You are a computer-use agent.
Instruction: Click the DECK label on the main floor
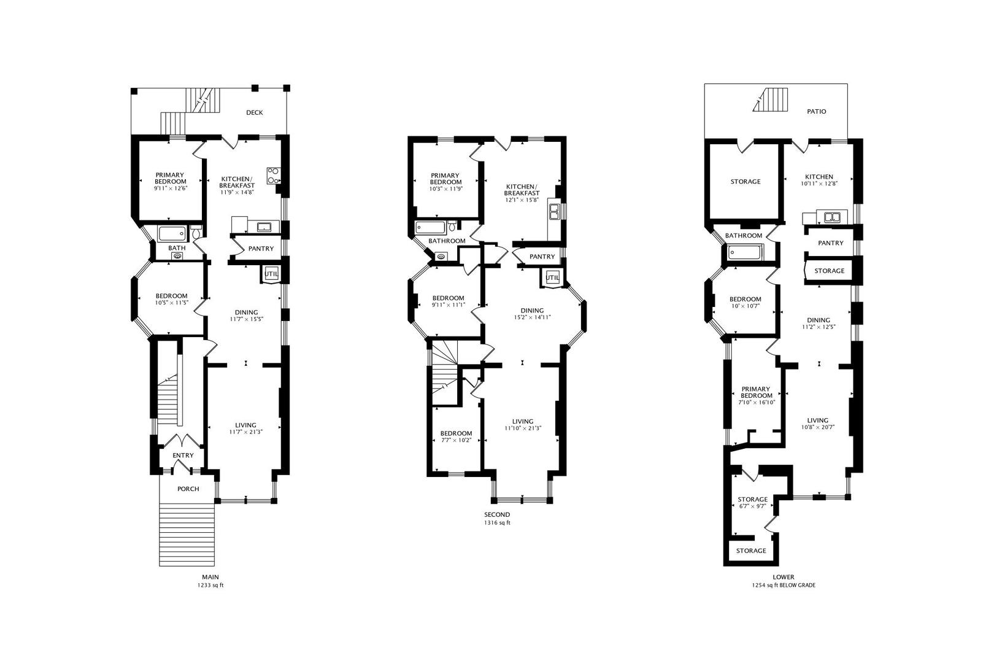click(x=254, y=112)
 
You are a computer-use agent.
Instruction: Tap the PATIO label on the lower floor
click(x=816, y=112)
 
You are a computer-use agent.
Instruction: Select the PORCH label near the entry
click(x=188, y=489)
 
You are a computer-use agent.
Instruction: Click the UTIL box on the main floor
click(x=271, y=274)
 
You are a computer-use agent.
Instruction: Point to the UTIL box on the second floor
click(x=552, y=278)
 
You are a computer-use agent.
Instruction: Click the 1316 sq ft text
click(x=496, y=524)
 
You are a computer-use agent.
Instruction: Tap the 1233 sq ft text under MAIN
click(x=210, y=586)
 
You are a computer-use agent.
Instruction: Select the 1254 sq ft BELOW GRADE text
click(x=784, y=586)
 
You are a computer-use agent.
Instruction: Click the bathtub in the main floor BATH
click(x=172, y=234)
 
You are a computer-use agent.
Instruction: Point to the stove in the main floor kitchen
click(x=273, y=176)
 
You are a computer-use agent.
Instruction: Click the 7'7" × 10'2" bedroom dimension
click(x=456, y=440)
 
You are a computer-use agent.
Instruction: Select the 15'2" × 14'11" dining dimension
click(x=532, y=317)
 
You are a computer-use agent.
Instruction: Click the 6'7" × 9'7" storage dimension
click(x=752, y=506)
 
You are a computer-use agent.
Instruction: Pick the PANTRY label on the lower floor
click(x=831, y=243)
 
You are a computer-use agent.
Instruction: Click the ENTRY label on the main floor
click(x=183, y=456)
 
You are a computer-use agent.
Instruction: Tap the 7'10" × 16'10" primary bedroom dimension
click(x=756, y=403)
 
